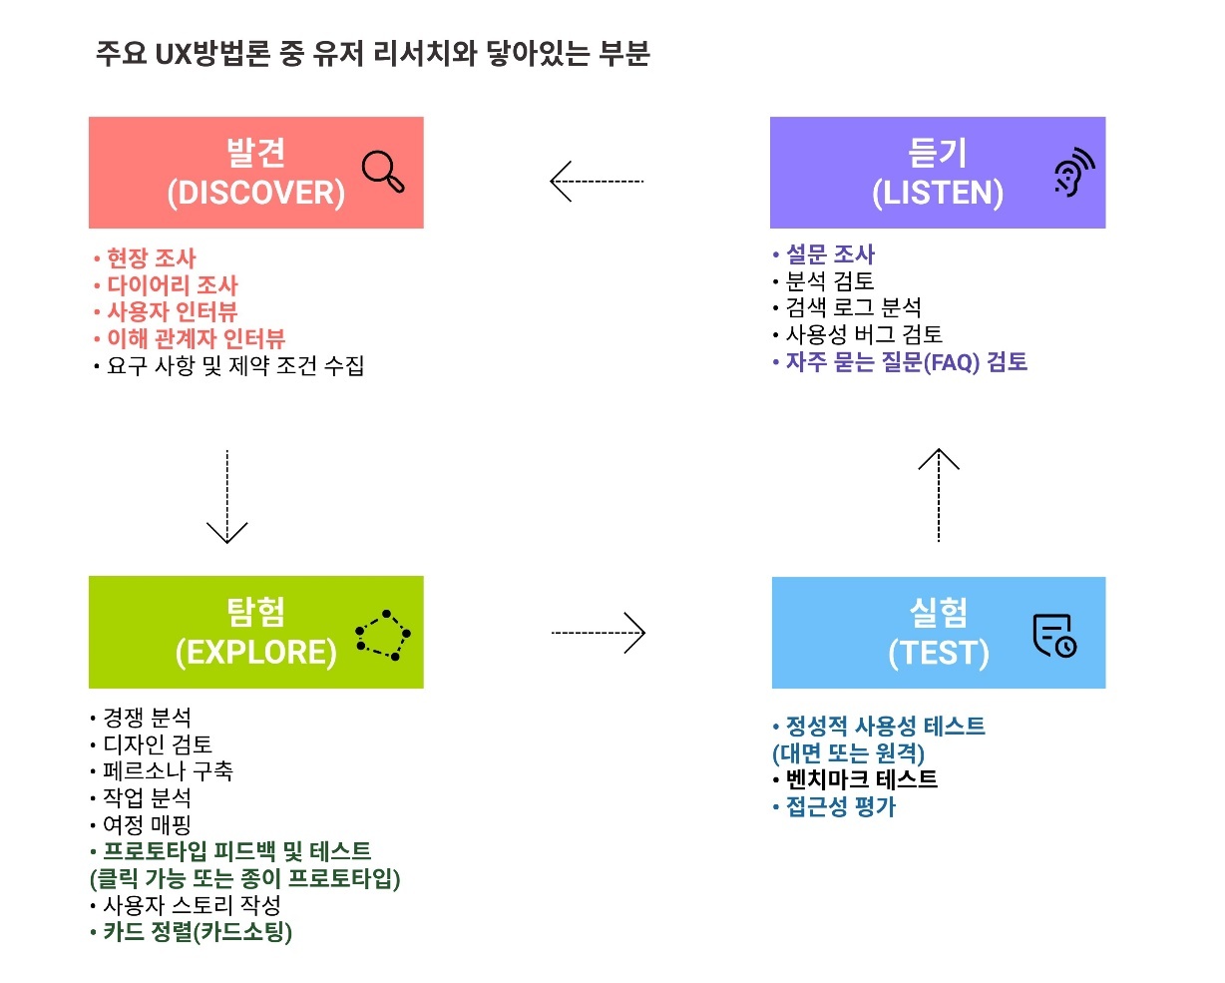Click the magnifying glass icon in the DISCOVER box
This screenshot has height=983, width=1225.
coord(383,171)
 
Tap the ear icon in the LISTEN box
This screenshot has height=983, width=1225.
coord(1073,174)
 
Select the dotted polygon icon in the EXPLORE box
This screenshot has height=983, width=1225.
coord(383,635)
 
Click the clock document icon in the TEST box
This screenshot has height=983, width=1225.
coord(1054,636)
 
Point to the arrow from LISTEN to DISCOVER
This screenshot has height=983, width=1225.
coord(598,182)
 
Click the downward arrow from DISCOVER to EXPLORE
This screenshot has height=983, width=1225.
coord(227,497)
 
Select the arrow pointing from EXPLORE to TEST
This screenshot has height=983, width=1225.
coord(599,633)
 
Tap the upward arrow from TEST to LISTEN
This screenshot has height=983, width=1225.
coord(939,495)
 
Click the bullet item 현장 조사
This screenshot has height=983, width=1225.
coord(151,258)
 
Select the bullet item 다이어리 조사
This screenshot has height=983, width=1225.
coord(172,285)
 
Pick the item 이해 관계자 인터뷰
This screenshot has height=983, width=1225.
coord(196,339)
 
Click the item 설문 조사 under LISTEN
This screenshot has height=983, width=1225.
coord(830,254)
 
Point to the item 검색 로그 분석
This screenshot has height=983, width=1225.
coord(853,308)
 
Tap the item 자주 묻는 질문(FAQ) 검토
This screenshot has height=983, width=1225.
coord(906,362)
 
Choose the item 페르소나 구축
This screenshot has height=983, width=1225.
coord(168,771)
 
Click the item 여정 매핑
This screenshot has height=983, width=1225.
coord(147,825)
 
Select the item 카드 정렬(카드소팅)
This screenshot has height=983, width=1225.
coord(197,933)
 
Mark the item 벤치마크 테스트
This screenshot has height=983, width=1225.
coord(861,779)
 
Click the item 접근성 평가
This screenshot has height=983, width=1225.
coord(840,806)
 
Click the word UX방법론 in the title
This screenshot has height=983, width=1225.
coord(211,54)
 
